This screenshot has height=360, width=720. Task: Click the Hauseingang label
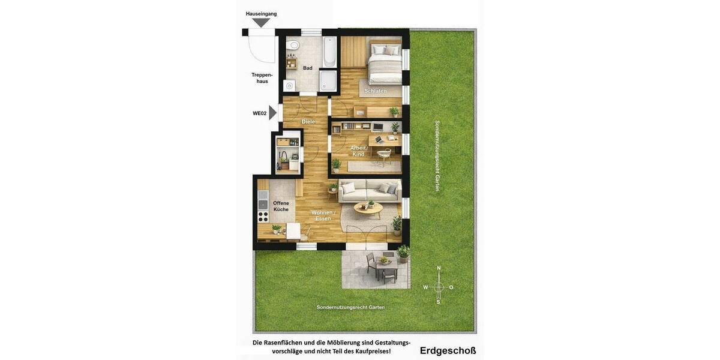[x=261, y=14]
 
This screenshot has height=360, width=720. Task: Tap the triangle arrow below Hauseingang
[x=261, y=23]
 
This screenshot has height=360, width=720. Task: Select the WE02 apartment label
[x=259, y=113]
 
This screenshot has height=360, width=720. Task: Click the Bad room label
[x=307, y=68]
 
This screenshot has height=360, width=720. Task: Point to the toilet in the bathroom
[x=293, y=45]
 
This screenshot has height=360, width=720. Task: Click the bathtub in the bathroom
[x=329, y=52]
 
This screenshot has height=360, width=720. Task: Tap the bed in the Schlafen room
[x=384, y=62]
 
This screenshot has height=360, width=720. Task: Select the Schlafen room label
[x=375, y=91]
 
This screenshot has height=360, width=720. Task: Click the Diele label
[x=308, y=122]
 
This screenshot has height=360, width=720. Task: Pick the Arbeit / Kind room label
[x=358, y=151]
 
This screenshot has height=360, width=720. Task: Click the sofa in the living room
[x=370, y=191]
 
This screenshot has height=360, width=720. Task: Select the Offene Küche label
[x=281, y=206]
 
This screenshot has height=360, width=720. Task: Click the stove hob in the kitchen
[x=263, y=217]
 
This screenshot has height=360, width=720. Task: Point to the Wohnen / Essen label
[x=323, y=215]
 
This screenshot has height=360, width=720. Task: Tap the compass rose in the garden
[x=438, y=287]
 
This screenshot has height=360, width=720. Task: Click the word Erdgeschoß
[x=448, y=350]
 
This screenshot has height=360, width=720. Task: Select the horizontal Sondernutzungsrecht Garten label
[x=350, y=307]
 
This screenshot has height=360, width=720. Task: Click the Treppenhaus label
[x=262, y=78]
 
